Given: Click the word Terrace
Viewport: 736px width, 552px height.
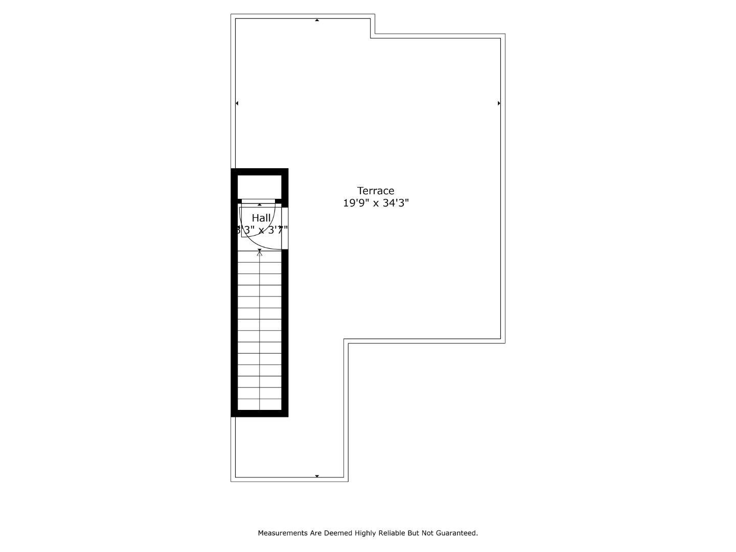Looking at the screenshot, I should coord(376,191).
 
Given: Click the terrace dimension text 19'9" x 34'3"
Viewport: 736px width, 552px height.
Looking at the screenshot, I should coord(376,203).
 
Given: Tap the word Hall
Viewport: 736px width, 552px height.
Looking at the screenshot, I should coord(261,218).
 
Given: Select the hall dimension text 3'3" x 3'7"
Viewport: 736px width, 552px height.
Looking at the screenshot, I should coord(261,230).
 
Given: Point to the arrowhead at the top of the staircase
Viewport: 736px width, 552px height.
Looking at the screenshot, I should coord(260,252).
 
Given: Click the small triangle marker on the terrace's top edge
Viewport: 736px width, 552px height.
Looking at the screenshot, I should coord(317,20).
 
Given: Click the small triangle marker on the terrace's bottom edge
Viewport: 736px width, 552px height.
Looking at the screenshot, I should coord(317,476).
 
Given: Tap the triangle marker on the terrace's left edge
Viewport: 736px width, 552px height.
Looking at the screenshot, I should coord(237,103).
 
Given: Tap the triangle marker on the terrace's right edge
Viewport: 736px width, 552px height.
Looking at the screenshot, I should coord(499,103).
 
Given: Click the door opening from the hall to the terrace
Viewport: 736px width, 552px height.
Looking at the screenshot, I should coord(285,228).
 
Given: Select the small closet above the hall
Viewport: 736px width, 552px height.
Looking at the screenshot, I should coord(260,187).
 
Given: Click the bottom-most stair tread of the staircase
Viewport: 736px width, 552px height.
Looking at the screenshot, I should coord(260,404).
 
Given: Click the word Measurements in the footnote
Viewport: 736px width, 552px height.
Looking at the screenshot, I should coord(283,533).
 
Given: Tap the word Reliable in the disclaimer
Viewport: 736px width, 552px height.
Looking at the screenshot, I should coord(391,533).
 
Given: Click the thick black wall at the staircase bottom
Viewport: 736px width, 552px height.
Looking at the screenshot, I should coord(260,413).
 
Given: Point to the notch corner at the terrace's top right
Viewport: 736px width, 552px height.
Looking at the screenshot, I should coord(373,36).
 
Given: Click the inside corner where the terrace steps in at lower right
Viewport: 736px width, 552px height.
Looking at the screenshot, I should coord(346,341).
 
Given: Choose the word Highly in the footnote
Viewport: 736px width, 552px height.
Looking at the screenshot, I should coord(365,533).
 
